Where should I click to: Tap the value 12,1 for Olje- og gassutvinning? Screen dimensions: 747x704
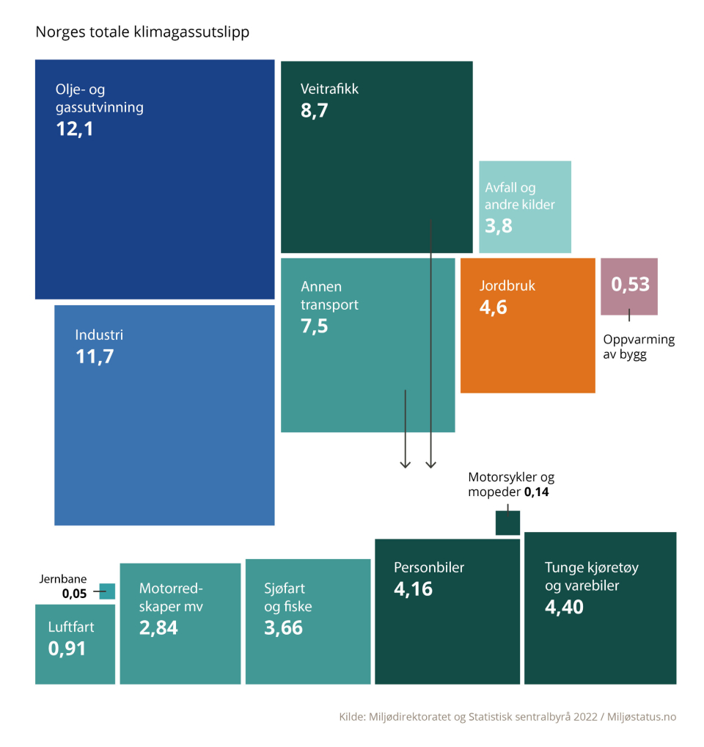pos(76,129)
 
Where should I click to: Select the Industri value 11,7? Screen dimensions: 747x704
pos(95,357)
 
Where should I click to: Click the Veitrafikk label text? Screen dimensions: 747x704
pos(329,90)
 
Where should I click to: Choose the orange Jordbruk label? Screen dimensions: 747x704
pos(507,285)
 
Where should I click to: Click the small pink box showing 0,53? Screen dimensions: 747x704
pos(629,286)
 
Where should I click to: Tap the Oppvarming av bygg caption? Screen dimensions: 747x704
pos(638,347)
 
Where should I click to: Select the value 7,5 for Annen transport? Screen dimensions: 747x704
pos(314,326)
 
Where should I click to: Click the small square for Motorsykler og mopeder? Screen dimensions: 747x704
pos(508,523)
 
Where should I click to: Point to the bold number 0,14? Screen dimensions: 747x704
pos(536,492)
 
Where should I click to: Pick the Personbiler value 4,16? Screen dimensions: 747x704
pos(413,589)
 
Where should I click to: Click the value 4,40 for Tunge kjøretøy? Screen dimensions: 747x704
pos(564,607)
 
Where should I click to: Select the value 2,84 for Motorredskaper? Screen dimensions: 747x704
pos(158,627)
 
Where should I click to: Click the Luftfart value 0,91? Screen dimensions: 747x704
pos(67,649)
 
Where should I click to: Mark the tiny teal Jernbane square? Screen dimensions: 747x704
pos(107,591)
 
